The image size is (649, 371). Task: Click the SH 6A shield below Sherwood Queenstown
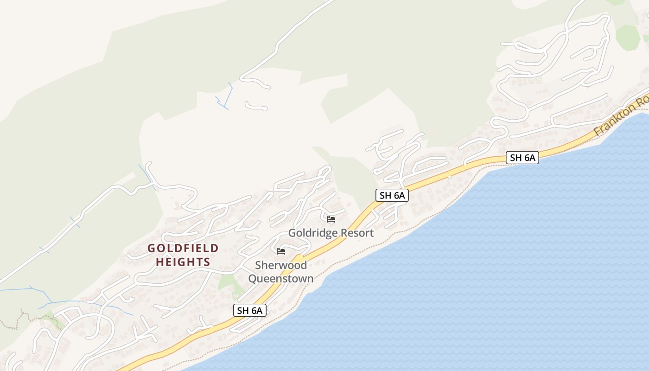click(x=249, y=310)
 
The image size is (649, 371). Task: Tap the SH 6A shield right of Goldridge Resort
click(x=392, y=195)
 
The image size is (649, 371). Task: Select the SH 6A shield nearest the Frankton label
click(x=522, y=158)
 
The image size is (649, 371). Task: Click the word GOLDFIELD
click(x=183, y=249)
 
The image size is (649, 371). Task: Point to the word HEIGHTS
click(x=183, y=262)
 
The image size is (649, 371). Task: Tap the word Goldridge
click(x=312, y=233)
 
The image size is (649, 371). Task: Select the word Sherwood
click(x=281, y=265)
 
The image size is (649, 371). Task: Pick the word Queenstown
click(x=281, y=279)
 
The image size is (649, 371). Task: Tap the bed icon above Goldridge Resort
click(x=331, y=219)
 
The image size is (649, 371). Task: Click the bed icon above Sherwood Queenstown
click(x=280, y=251)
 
